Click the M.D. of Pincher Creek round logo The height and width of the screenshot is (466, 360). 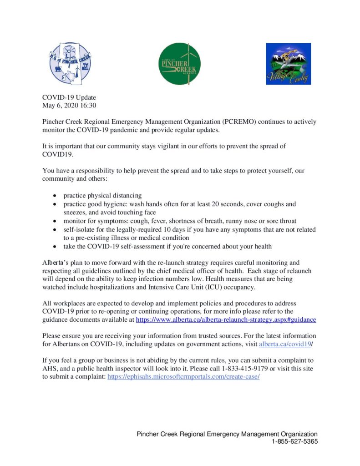coord(67,64)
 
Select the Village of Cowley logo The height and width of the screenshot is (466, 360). coord(288,64)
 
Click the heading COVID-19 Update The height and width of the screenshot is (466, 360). coord(69,97)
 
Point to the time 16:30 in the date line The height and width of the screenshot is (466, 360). coord(87,106)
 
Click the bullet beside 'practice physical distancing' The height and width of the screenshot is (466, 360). coord(55,196)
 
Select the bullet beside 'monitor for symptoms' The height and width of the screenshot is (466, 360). coord(55,221)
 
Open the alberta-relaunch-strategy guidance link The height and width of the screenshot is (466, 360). coord(226,320)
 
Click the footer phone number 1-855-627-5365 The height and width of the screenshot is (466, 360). coord(294,441)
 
